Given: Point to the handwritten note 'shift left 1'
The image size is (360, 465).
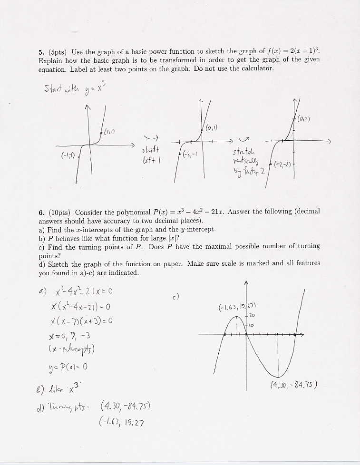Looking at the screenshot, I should [x=152, y=155].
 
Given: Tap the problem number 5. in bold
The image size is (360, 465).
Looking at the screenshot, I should [x=41, y=52].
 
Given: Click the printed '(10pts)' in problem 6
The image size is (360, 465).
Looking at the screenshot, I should [x=59, y=212].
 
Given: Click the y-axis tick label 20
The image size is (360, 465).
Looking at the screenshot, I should [x=252, y=315].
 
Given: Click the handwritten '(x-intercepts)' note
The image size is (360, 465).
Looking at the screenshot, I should [x=72, y=351].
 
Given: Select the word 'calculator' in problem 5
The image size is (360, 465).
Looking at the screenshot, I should [x=256, y=68].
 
